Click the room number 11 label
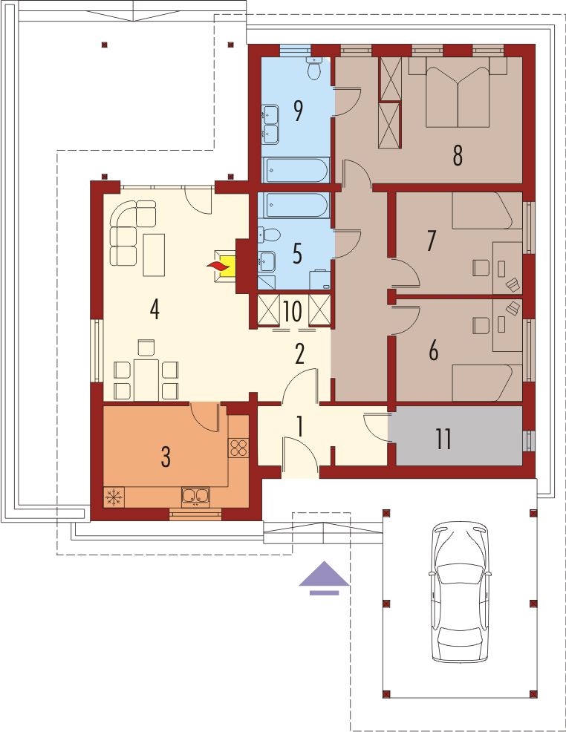[x=443, y=439]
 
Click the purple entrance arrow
[x=324, y=578]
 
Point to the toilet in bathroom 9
[x=314, y=68]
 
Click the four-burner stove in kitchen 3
[x=238, y=448]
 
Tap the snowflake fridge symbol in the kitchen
[x=113, y=497]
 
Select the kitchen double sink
[x=195, y=497]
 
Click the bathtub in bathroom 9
[x=296, y=170]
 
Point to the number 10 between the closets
[x=292, y=311]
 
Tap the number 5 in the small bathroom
[x=297, y=253]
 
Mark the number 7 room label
[x=431, y=241]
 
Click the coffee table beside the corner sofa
[x=154, y=255]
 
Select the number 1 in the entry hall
[x=299, y=426]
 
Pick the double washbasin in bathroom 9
[x=270, y=124]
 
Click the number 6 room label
[x=433, y=351]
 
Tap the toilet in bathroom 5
[x=269, y=235]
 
